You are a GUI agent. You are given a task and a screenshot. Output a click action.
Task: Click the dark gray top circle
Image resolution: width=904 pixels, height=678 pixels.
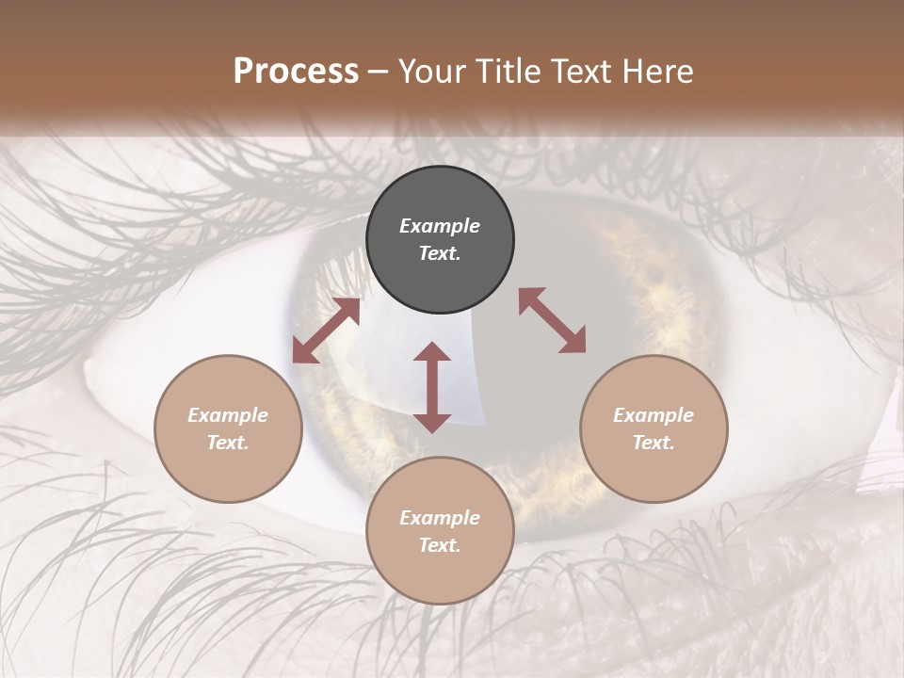440,239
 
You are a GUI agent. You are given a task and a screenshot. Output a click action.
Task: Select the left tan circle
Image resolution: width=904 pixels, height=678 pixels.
228,428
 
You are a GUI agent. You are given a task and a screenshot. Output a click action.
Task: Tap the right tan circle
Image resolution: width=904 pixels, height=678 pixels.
654,428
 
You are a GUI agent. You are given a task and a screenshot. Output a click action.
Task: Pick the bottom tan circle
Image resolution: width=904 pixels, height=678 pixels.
440,530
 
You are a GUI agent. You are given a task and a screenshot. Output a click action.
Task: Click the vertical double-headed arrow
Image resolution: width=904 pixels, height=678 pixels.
432,387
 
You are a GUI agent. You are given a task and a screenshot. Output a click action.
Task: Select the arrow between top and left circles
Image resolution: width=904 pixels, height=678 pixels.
327,331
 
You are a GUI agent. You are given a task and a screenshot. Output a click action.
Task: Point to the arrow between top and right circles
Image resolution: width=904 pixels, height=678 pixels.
553,320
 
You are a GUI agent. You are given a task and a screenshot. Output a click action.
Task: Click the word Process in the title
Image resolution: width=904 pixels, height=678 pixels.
296,71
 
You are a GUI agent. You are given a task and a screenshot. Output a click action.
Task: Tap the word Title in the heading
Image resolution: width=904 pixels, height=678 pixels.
508,72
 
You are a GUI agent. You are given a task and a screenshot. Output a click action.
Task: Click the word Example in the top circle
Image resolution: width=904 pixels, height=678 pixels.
440,225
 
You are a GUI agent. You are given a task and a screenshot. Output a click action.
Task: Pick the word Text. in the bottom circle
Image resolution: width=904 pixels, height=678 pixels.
440,545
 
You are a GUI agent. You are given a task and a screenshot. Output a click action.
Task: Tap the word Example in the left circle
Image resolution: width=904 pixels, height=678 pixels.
228,415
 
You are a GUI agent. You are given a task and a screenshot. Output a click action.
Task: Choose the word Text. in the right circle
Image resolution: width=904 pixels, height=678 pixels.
654,443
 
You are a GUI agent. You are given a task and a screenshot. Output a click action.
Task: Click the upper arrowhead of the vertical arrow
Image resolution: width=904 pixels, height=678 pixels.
432,351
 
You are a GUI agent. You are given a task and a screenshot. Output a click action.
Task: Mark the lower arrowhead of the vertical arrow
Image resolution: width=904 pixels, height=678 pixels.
432,425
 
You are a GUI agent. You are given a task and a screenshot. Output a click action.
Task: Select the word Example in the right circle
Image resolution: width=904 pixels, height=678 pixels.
654,415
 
